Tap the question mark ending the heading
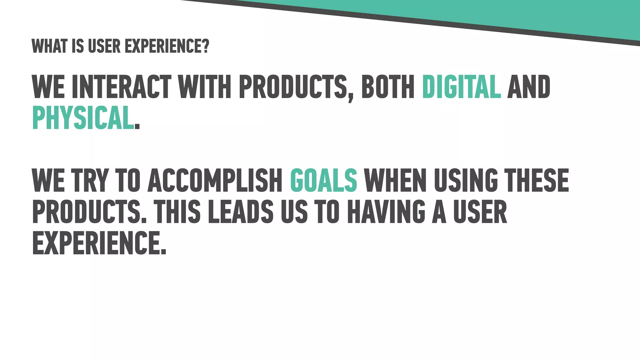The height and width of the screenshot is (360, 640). [x=205, y=47]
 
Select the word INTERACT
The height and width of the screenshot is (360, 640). [x=121, y=87]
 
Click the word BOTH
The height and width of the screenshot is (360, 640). [x=388, y=87]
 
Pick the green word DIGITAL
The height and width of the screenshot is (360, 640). [x=461, y=87]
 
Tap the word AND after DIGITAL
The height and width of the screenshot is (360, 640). [x=528, y=87]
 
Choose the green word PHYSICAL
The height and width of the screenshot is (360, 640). [x=83, y=118]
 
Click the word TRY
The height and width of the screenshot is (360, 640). [x=90, y=180]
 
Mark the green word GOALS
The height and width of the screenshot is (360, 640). [x=323, y=180]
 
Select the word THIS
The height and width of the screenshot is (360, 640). [x=177, y=212]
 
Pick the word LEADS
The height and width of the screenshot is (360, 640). [x=241, y=212]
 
